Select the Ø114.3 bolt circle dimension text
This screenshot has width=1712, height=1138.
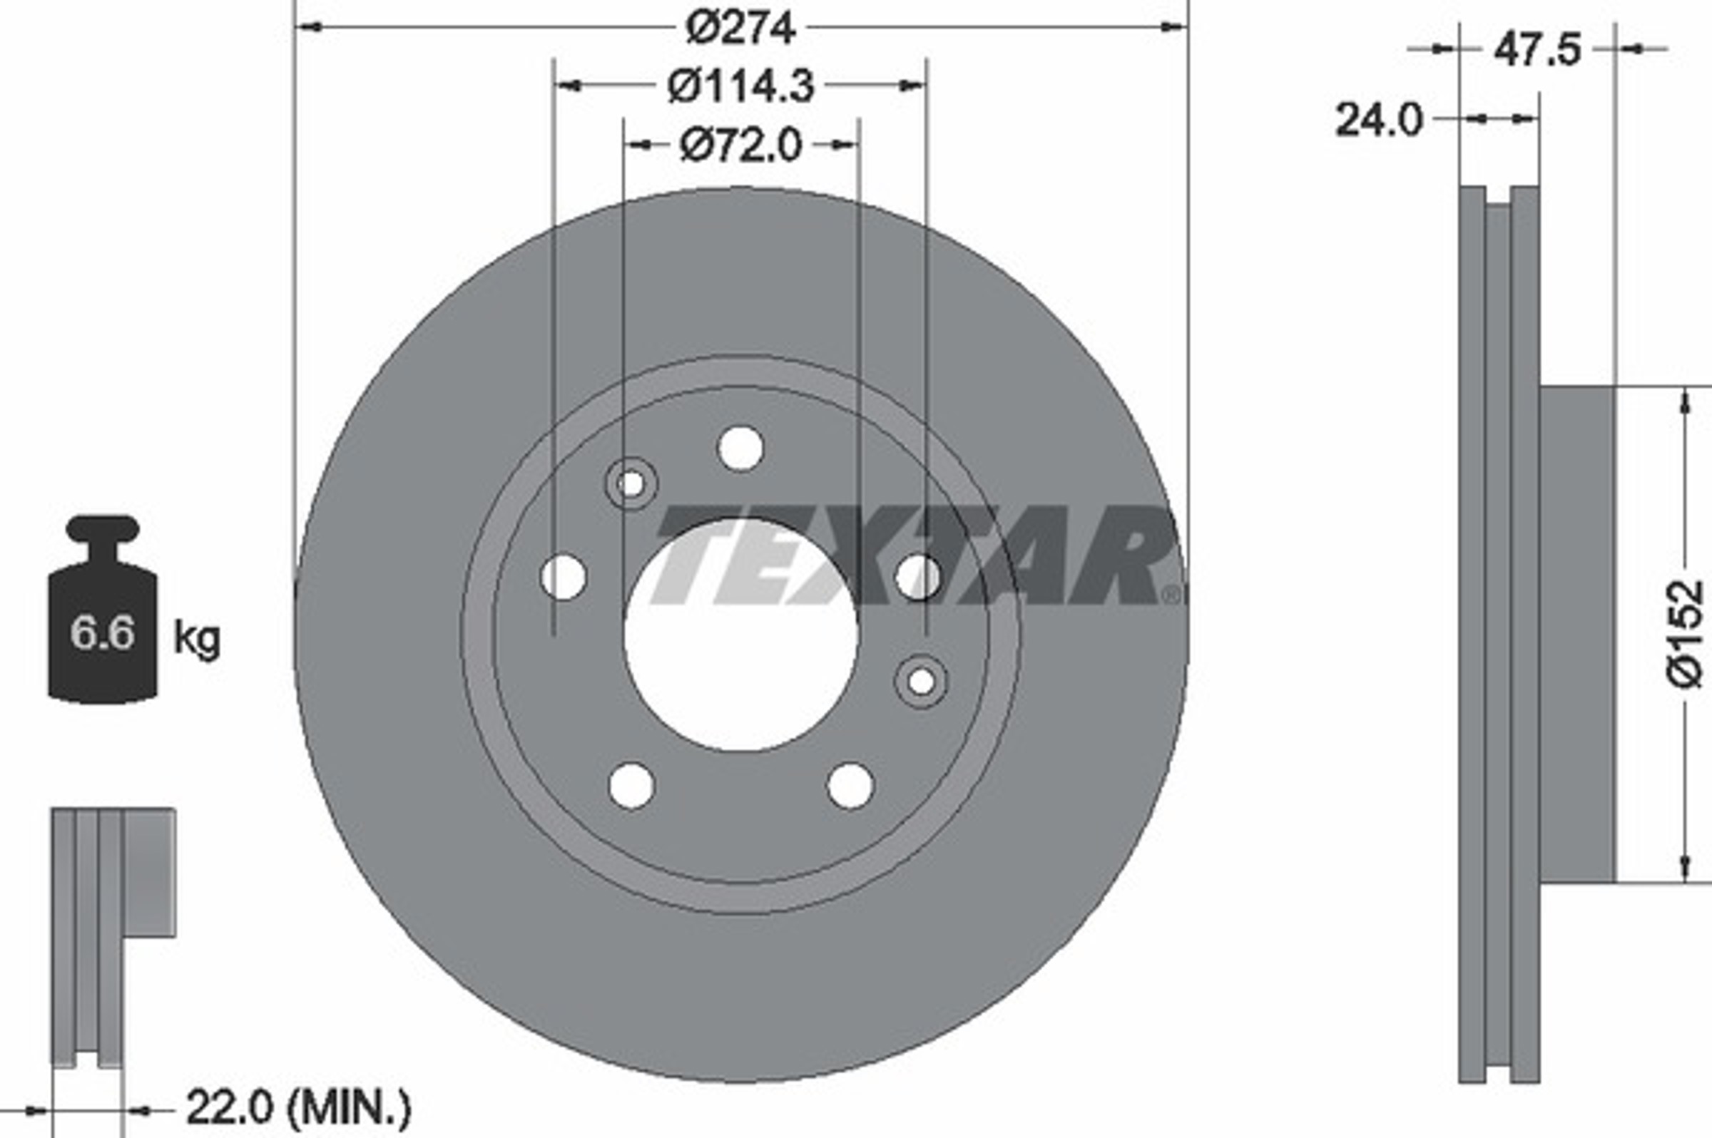click(740, 87)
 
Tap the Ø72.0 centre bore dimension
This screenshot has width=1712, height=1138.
click(740, 145)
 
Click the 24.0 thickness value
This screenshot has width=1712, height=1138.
click(1379, 120)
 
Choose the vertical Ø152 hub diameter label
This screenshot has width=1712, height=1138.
click(1684, 633)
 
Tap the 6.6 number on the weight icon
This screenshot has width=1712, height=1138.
click(103, 632)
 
